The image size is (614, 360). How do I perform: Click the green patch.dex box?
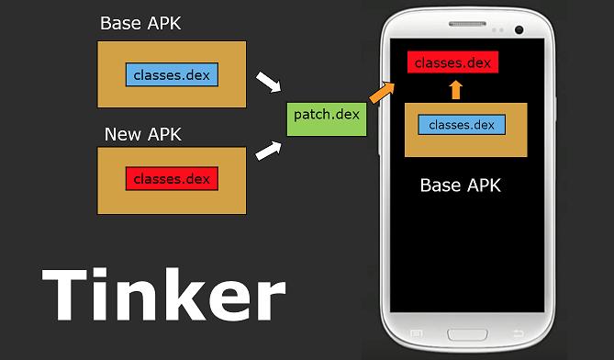[x=327, y=115]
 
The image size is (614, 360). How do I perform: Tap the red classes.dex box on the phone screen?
[x=452, y=63]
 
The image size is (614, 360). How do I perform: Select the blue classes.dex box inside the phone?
[x=462, y=124]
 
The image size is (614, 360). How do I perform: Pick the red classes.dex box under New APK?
[x=173, y=178]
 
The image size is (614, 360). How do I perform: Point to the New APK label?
[x=142, y=134]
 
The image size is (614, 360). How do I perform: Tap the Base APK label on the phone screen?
[x=461, y=185]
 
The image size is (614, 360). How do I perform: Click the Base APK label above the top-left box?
[x=140, y=23]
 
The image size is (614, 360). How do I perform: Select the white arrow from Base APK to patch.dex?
[x=267, y=83]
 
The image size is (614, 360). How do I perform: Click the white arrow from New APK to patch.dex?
[x=267, y=149]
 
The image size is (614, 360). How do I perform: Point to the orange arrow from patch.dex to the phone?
[x=381, y=90]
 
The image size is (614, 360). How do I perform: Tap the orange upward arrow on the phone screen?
[x=456, y=89]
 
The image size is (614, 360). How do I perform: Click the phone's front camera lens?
[x=519, y=29]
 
